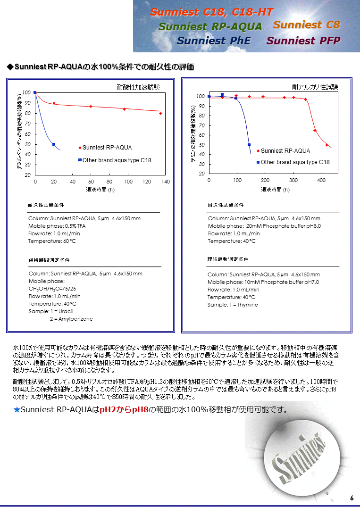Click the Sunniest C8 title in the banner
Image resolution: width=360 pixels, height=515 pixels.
[x=306, y=25]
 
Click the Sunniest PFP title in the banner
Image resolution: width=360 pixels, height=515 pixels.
[x=303, y=41]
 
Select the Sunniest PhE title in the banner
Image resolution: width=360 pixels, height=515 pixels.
[x=213, y=41]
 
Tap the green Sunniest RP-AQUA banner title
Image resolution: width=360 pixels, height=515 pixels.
[x=210, y=26]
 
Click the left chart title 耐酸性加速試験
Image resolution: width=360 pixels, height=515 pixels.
[x=138, y=87]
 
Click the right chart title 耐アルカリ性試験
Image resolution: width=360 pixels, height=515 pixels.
[x=315, y=87]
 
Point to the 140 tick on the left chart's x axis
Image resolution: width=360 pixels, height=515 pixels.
[x=165, y=182]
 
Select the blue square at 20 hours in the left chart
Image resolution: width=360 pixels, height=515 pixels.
[x=54, y=144]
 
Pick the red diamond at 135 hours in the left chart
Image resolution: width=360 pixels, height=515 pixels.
[x=160, y=113]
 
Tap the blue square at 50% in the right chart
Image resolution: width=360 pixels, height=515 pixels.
[x=249, y=145]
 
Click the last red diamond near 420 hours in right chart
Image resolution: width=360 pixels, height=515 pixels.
[x=327, y=145]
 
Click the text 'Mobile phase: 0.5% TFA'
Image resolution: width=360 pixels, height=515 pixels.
[x=57, y=226]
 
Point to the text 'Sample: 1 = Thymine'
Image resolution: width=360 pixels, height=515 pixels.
[x=233, y=305]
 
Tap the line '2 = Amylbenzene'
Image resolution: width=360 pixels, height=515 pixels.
[x=71, y=319]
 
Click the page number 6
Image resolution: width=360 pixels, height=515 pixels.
[x=352, y=498]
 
